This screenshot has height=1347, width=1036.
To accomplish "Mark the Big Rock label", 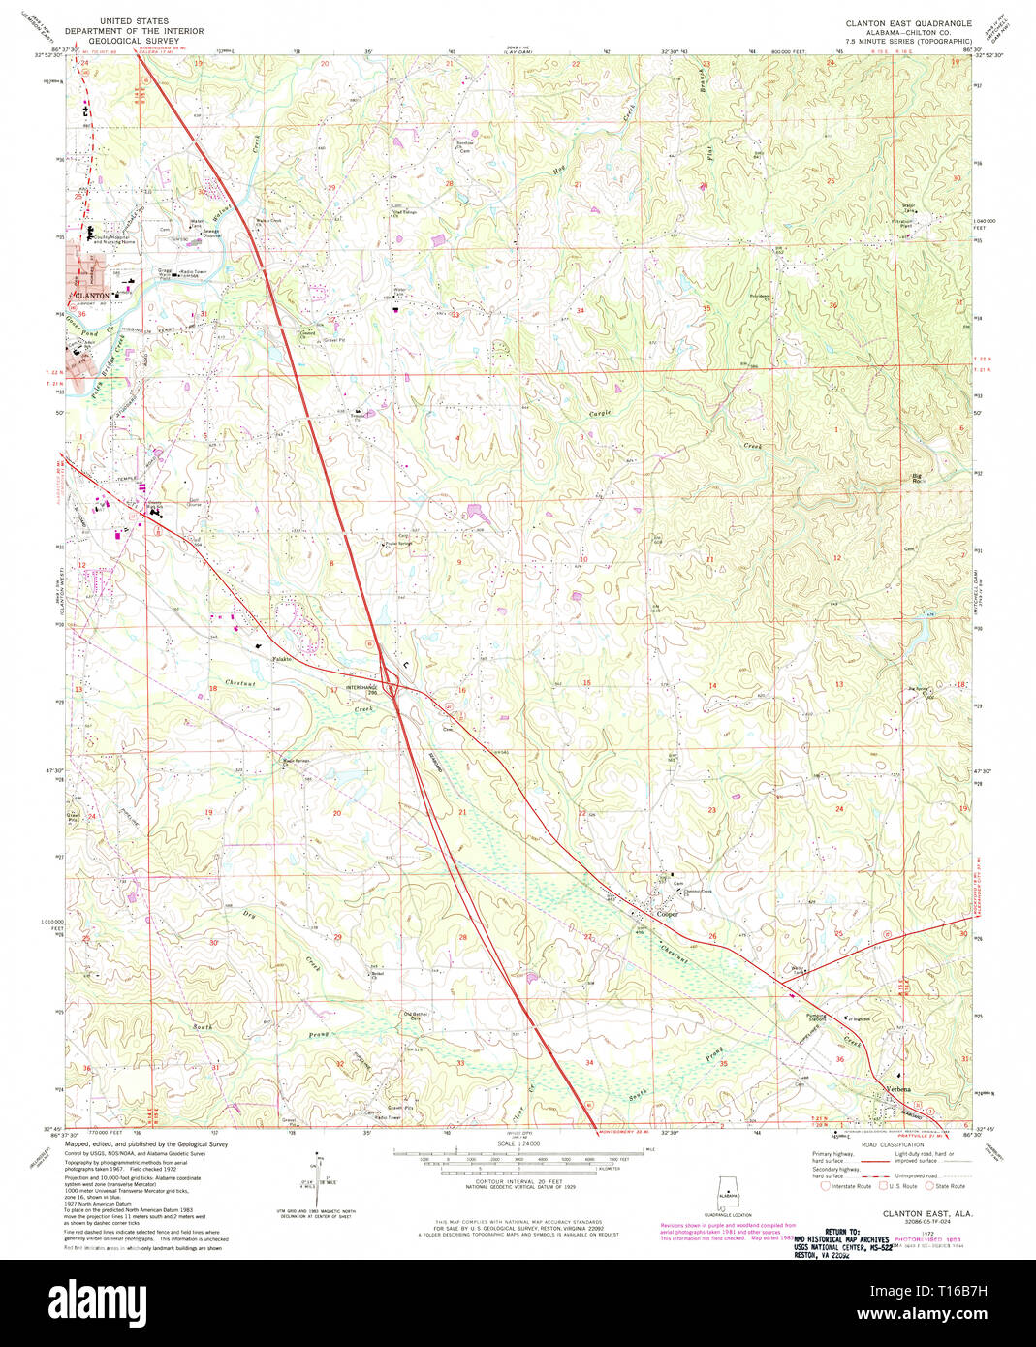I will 917,477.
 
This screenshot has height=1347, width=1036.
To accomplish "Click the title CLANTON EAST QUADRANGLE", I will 908,22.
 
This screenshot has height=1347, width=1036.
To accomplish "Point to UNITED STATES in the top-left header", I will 134,20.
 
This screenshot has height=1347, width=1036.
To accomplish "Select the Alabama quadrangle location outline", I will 728,1194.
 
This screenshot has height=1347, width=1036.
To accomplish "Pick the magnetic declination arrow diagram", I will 316,1175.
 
